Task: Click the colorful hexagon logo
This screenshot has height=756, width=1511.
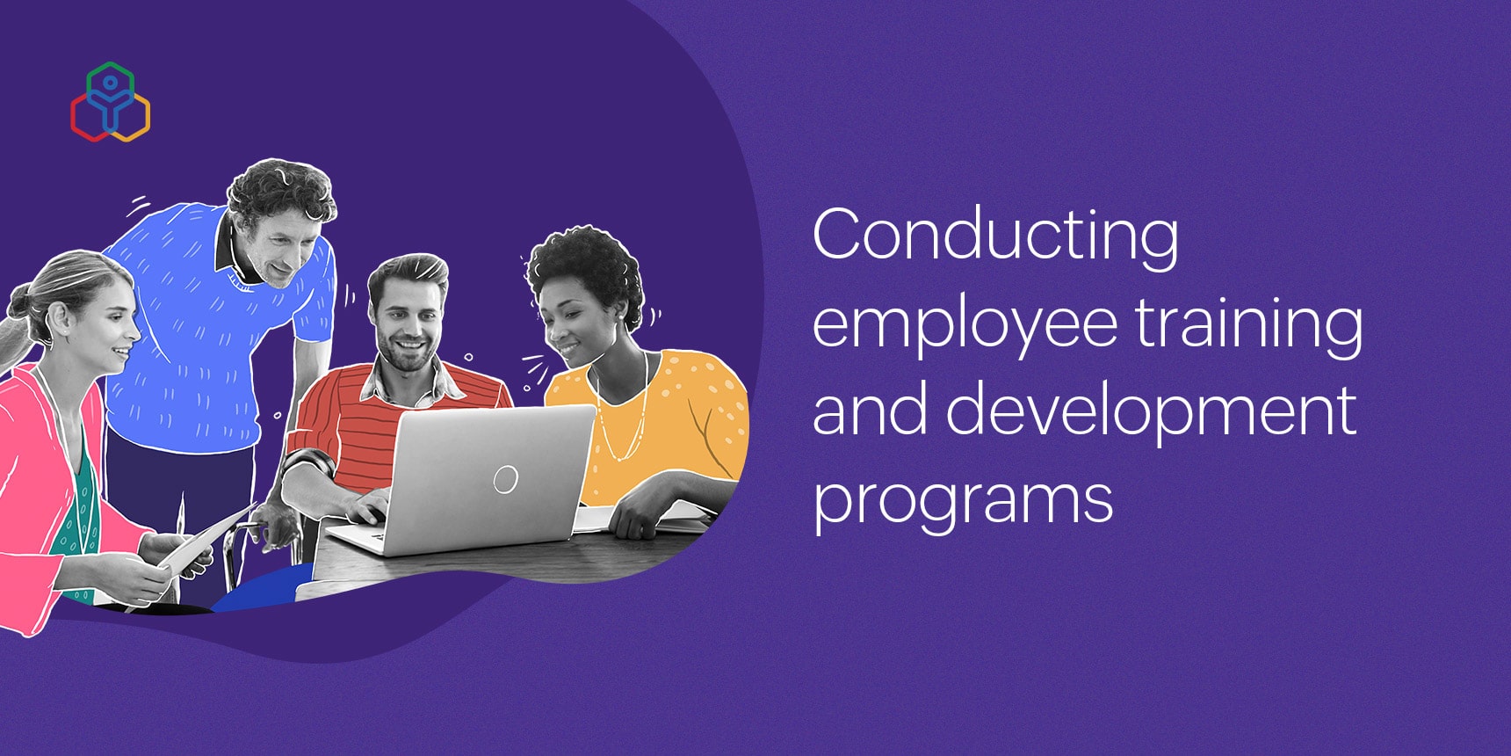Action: click(110, 102)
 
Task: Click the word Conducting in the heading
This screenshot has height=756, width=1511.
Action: click(995, 237)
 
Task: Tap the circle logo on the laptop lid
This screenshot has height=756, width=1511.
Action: click(505, 479)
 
